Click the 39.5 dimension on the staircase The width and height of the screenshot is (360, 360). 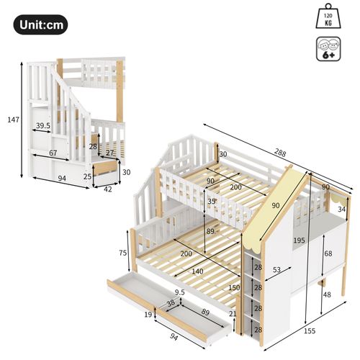pos(42,126)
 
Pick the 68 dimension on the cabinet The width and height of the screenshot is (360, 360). pos(328,253)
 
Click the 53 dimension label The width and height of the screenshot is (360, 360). pos(276,270)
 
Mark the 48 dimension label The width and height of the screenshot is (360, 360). pos(328,294)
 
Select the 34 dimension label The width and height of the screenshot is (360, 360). pos(341,210)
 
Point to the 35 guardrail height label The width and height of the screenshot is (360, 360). pos(210,203)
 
